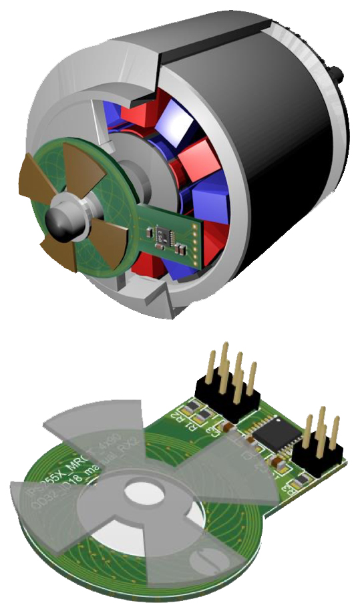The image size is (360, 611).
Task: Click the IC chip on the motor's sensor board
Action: pyautogui.click(x=163, y=234)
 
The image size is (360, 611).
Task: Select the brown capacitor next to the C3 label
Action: pyautogui.click(x=228, y=425)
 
